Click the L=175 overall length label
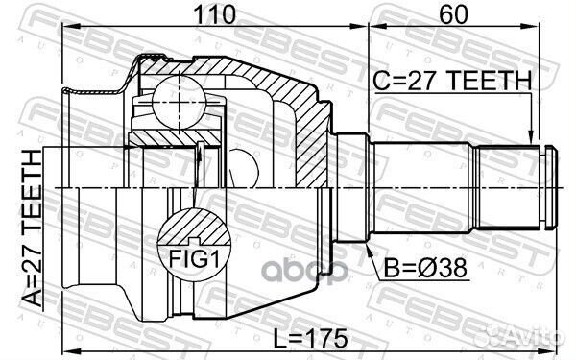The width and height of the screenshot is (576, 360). (307, 340)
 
